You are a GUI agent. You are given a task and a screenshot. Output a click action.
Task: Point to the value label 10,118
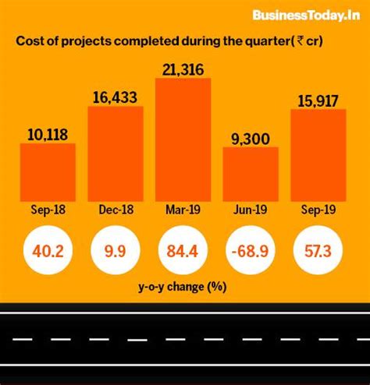pyautogui.click(x=48, y=133)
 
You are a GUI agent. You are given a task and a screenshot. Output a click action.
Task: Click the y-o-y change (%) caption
pyautogui.click(x=183, y=286)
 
